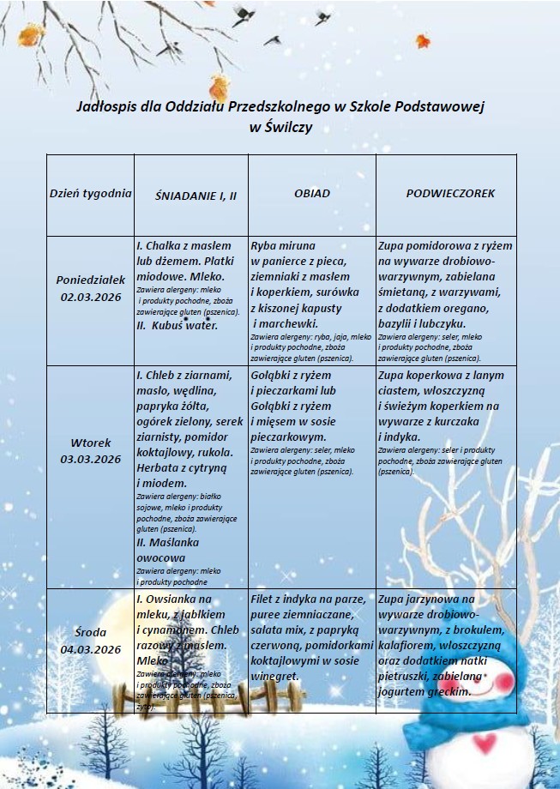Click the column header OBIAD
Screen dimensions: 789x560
pyautogui.click(x=311, y=194)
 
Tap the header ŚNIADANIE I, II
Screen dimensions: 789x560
pyautogui.click(x=196, y=196)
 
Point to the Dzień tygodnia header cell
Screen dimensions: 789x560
pyautogui.click(x=90, y=193)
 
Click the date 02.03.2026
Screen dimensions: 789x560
pyautogui.click(x=91, y=296)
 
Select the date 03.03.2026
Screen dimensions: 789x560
pyautogui.click(x=91, y=459)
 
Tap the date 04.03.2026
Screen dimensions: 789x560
pyautogui.click(x=91, y=648)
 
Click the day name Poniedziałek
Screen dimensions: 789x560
pyautogui.click(x=91, y=280)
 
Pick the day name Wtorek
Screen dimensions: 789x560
pyautogui.click(x=91, y=443)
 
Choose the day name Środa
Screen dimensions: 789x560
pyautogui.click(x=91, y=633)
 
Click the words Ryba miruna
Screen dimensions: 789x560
pyautogui.click(x=283, y=246)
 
